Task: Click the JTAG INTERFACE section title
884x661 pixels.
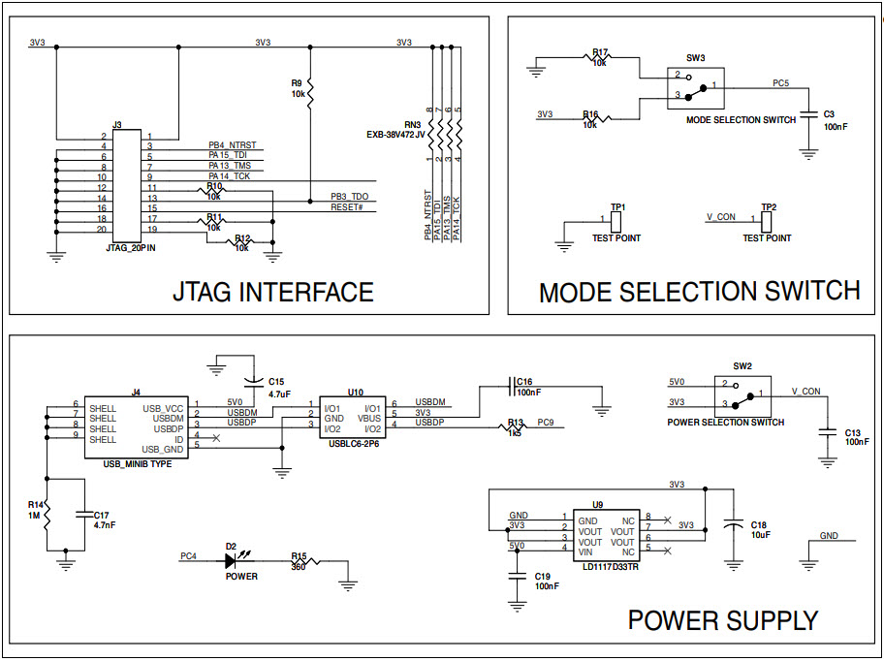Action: pos(272,292)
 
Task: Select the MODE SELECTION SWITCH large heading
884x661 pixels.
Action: pos(699,292)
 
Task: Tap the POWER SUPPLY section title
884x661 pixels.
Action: pos(722,620)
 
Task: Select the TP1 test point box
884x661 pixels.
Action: pos(616,220)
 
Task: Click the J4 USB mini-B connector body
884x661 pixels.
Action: pos(136,427)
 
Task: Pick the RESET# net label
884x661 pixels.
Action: pos(346,207)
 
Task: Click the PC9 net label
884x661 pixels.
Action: pos(545,423)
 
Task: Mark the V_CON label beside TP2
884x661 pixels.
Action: pos(721,216)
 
